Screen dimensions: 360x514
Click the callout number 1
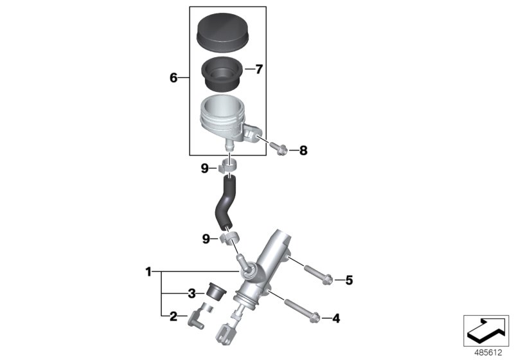pos(148,273)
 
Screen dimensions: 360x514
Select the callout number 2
pos(173,316)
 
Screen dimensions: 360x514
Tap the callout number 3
pos(191,294)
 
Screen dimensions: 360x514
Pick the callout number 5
pos(350,280)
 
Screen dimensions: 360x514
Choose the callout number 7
pos(260,69)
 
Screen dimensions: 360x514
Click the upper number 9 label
pos(204,168)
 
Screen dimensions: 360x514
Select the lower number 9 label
pos(206,239)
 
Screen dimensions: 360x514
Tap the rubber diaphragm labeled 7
pos(221,75)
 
